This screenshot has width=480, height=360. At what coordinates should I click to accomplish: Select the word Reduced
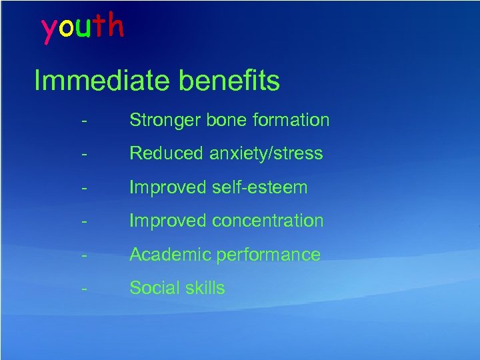167,153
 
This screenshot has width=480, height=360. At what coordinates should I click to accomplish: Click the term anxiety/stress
266,154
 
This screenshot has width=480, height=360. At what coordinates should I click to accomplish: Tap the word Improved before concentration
167,221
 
